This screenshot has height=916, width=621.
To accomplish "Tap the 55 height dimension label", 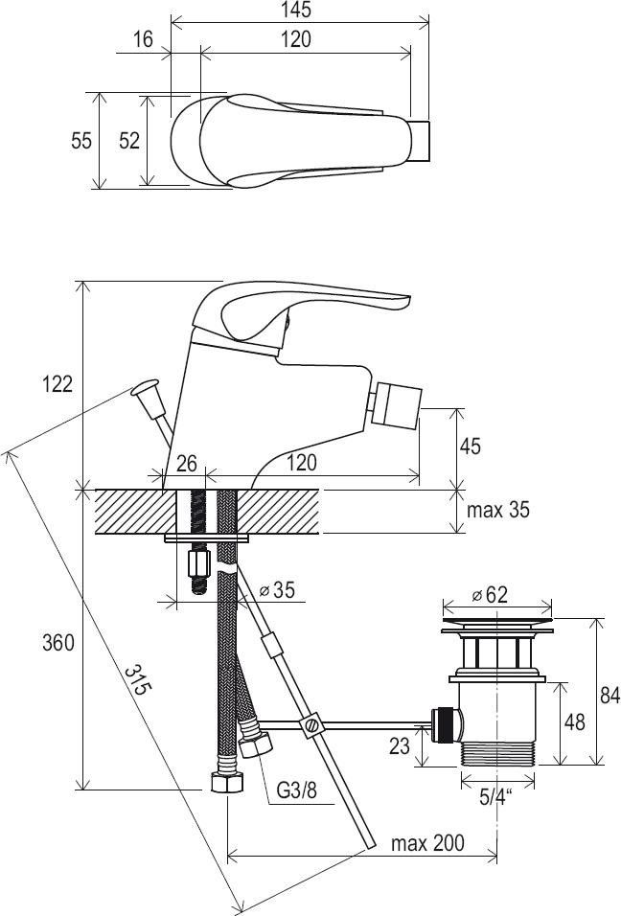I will (x=81, y=141).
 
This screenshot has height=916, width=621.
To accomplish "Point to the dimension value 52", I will (x=129, y=141).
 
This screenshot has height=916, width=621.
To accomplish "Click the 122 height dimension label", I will (x=57, y=384).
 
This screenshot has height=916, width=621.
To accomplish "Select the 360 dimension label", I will (x=57, y=643).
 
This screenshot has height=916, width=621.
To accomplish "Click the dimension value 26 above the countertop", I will (x=186, y=464).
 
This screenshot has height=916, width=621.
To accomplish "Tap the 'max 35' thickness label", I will (x=497, y=510).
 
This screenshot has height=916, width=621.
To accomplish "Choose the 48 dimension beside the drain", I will (x=575, y=722).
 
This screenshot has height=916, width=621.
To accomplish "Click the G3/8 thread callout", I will (x=296, y=790).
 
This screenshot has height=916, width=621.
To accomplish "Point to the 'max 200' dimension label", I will (x=428, y=843).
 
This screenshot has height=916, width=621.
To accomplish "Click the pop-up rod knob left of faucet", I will (x=144, y=388).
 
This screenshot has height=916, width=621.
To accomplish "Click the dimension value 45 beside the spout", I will (x=470, y=447).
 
